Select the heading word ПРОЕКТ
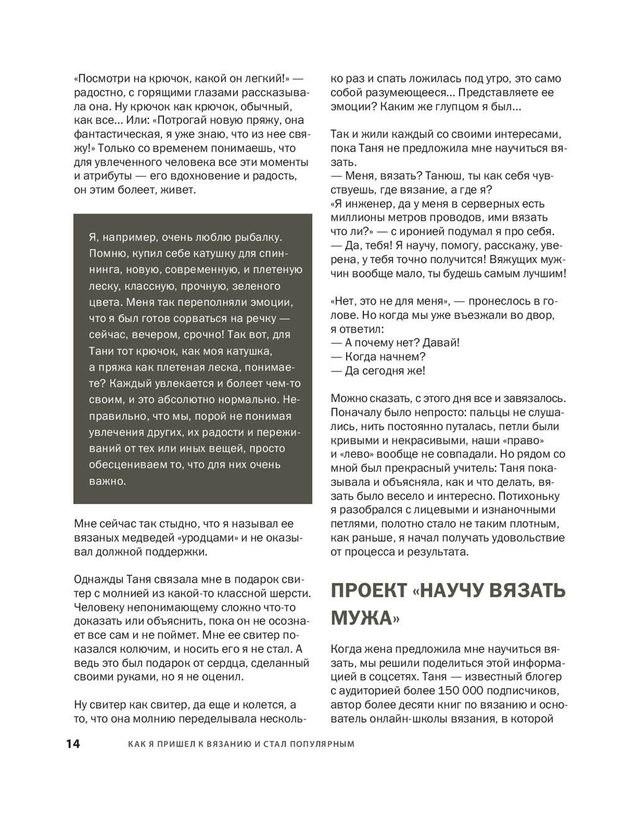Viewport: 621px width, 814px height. [x=368, y=591]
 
